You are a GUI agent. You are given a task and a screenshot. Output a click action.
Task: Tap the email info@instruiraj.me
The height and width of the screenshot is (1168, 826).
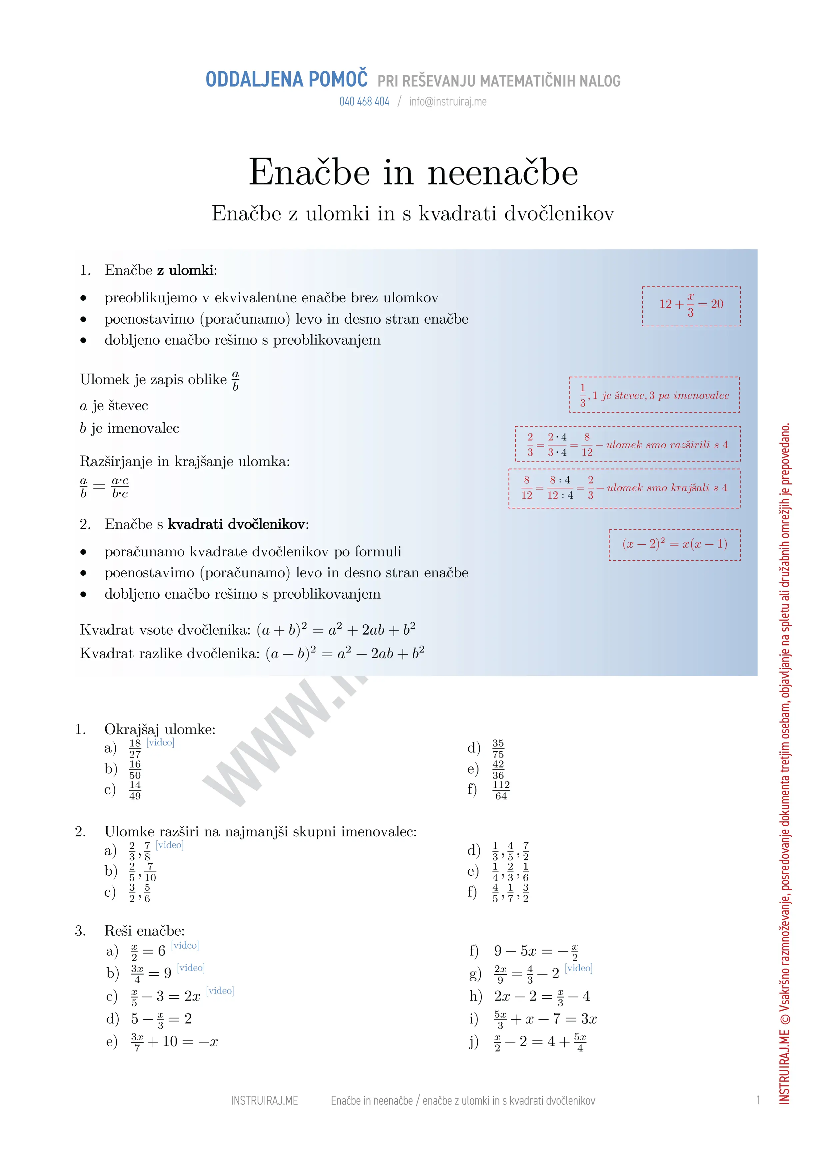(447, 102)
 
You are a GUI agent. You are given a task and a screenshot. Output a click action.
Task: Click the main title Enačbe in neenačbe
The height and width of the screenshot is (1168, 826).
(413, 172)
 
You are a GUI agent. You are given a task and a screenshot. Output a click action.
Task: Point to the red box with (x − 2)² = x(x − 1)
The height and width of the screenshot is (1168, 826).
(674, 544)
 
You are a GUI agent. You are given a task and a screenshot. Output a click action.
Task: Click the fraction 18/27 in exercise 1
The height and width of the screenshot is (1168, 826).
(135, 748)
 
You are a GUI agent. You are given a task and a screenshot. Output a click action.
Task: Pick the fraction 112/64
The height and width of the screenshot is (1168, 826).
(501, 790)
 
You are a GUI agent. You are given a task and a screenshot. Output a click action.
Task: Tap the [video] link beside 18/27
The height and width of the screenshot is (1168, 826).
(160, 742)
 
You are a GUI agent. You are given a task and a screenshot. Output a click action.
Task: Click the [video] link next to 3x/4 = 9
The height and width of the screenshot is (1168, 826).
(191, 968)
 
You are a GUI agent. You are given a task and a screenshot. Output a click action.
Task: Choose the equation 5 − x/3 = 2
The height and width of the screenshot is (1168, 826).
(161, 1019)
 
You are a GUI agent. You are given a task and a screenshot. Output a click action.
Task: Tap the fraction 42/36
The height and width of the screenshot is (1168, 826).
(498, 769)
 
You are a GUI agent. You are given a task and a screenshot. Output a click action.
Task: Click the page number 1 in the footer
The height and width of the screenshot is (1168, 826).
(758, 1100)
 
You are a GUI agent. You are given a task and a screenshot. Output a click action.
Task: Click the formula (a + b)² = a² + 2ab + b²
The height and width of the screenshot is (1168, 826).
(336, 630)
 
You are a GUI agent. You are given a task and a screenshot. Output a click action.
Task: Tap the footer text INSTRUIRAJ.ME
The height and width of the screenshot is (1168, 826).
(264, 1100)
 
